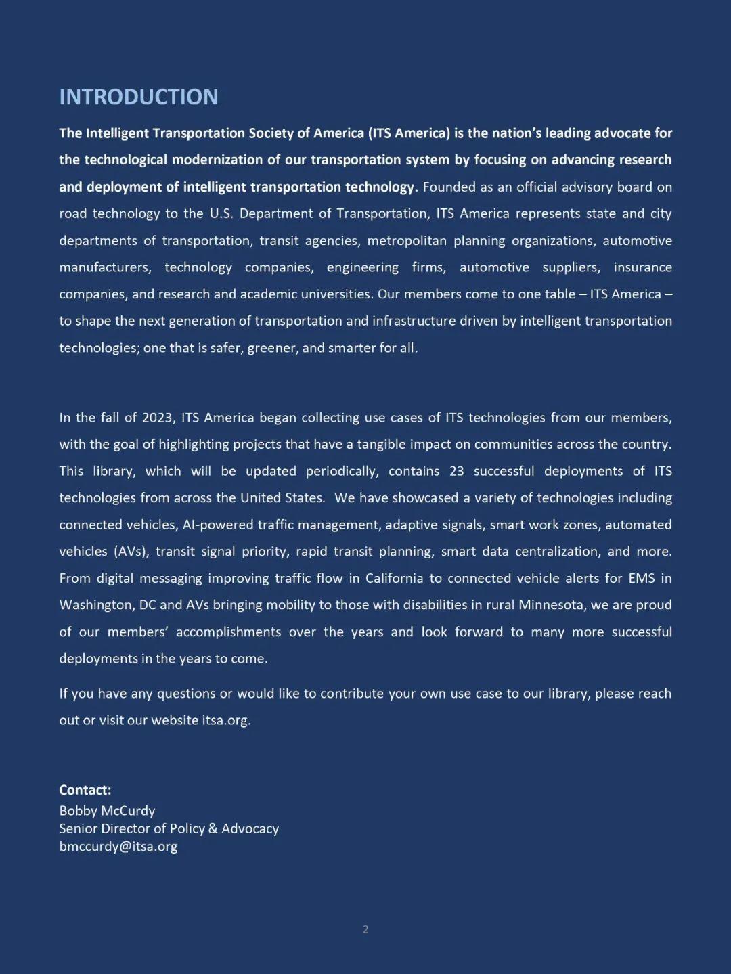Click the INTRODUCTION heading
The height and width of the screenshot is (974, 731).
(x=138, y=97)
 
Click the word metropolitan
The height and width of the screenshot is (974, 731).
(x=407, y=241)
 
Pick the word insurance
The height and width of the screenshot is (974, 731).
(x=642, y=267)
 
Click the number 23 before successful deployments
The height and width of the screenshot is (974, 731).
(x=456, y=471)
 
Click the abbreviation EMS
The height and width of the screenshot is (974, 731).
(x=640, y=579)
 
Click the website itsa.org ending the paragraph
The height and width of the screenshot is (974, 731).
(x=226, y=720)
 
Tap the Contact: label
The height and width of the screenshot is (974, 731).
(x=85, y=790)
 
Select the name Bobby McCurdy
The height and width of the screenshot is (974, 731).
(x=107, y=811)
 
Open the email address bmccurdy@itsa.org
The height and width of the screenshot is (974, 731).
(x=118, y=847)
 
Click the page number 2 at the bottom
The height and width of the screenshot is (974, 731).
(x=365, y=929)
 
